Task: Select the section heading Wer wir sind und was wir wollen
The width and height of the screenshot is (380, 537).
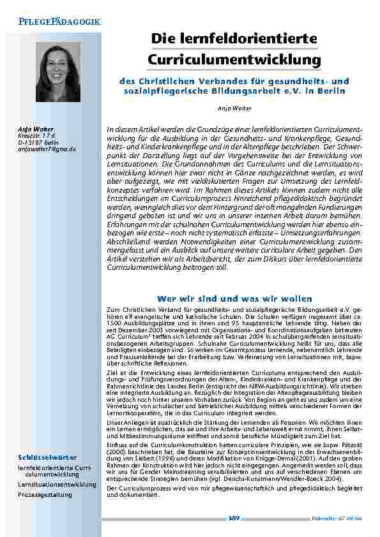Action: pos(234,298)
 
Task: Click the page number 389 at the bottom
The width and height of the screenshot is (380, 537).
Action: pos(234,518)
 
